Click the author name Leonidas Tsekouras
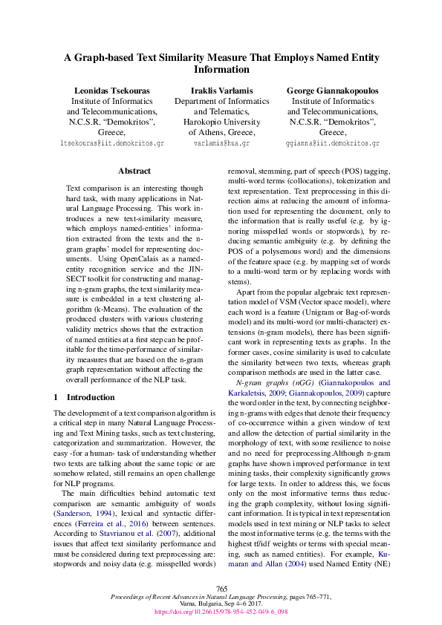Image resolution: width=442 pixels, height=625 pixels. (110, 91)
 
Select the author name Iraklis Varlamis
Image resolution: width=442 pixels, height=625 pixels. (221, 91)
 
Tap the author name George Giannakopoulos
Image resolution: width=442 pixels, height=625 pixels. (332, 91)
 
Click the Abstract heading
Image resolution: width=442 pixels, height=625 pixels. (134, 171)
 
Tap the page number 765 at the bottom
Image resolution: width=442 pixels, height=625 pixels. (221, 588)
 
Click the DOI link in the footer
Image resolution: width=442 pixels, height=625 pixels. (221, 612)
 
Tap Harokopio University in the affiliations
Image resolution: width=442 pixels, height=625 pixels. (221, 122)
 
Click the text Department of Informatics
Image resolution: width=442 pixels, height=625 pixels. (221, 101)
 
